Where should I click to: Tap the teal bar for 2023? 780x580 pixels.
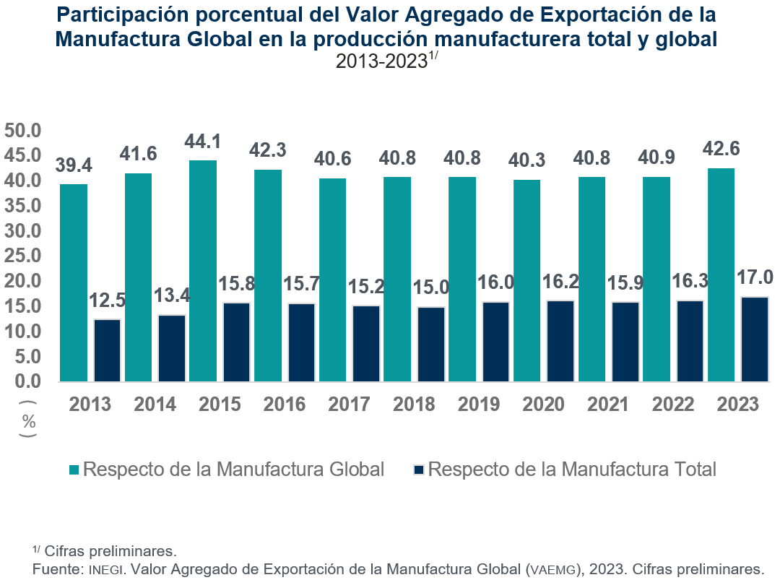[x=721, y=274]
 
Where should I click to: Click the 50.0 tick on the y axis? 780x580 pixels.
[x=25, y=131]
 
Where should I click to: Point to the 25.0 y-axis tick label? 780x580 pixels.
[x=25, y=256]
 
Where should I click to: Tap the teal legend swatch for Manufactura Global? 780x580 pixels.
[x=74, y=470]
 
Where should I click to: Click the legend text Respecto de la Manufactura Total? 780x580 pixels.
[x=572, y=469]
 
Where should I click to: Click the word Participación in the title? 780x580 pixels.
[x=122, y=14]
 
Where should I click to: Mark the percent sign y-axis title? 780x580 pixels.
[x=29, y=421]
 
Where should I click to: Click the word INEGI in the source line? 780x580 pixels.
[x=108, y=570]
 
